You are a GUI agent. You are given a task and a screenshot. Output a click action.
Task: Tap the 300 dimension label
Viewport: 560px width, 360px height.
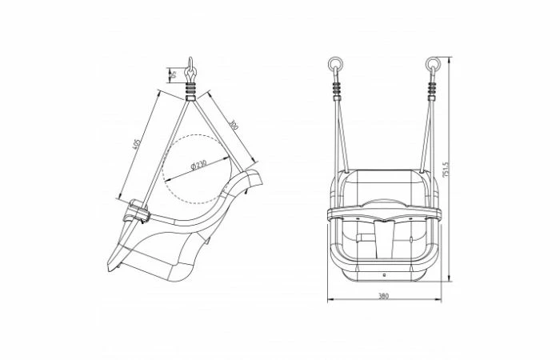click(233, 126)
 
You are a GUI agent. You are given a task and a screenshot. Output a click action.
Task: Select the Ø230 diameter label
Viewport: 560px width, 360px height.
click(198, 165)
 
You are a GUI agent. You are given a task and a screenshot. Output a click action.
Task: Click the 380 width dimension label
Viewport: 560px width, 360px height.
click(384, 295)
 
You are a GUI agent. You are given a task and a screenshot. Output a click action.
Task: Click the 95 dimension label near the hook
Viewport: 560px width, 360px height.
click(171, 76)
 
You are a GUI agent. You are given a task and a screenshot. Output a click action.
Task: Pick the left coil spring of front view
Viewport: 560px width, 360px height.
click(334, 88)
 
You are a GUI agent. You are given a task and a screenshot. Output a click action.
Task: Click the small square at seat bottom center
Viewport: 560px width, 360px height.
click(384, 274)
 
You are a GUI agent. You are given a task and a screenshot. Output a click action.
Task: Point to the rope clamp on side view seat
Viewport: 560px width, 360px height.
click(138, 212)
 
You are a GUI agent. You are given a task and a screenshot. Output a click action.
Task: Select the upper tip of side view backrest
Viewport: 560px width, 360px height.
click(258, 174)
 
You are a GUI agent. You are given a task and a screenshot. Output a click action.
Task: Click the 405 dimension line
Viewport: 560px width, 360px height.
click(141, 146)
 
